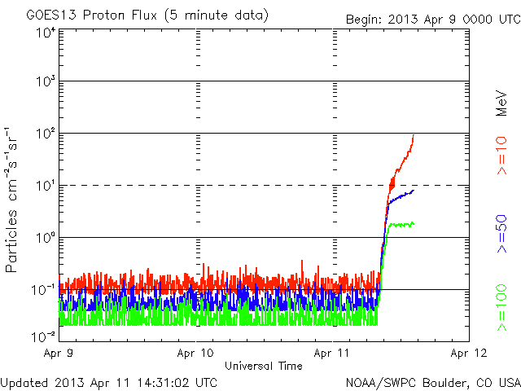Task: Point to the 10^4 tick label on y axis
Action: (x=45, y=33)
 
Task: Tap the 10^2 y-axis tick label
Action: (x=45, y=134)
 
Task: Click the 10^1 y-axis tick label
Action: (x=45, y=187)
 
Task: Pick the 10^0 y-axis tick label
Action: (x=45, y=239)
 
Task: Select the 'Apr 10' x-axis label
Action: (x=196, y=354)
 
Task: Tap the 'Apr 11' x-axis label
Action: (x=333, y=354)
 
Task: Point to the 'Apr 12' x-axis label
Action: (x=469, y=354)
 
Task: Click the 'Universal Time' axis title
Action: (x=264, y=366)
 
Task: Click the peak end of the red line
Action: (x=414, y=136)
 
